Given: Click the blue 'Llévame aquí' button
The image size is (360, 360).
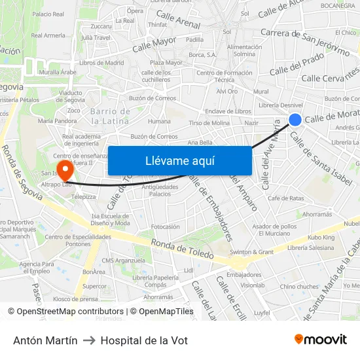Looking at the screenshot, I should click(179, 160).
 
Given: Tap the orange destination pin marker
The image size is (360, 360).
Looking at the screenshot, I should click(65, 171).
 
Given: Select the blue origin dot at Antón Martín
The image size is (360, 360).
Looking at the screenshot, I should click(295, 119).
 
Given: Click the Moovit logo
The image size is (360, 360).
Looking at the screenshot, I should click(321, 339).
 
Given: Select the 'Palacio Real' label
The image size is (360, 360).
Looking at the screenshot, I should click(48, 14).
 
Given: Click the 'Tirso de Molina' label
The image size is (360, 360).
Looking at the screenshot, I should click(209, 123).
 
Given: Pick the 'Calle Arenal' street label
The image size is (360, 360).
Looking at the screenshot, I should click(179, 21).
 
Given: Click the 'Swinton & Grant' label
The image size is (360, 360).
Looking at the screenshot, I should click(252, 252).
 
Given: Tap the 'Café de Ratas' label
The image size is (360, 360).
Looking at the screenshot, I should click(285, 198).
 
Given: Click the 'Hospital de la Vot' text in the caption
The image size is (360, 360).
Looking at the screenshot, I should click(144, 340).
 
